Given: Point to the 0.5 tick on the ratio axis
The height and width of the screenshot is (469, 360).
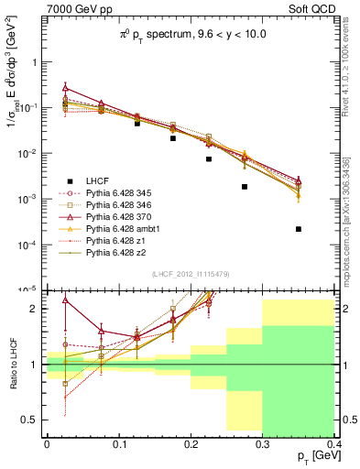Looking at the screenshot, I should (33, 420).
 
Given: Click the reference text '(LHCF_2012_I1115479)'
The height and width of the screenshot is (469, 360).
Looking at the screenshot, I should (191, 273).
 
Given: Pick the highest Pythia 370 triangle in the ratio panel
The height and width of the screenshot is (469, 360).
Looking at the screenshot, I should (64, 300).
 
